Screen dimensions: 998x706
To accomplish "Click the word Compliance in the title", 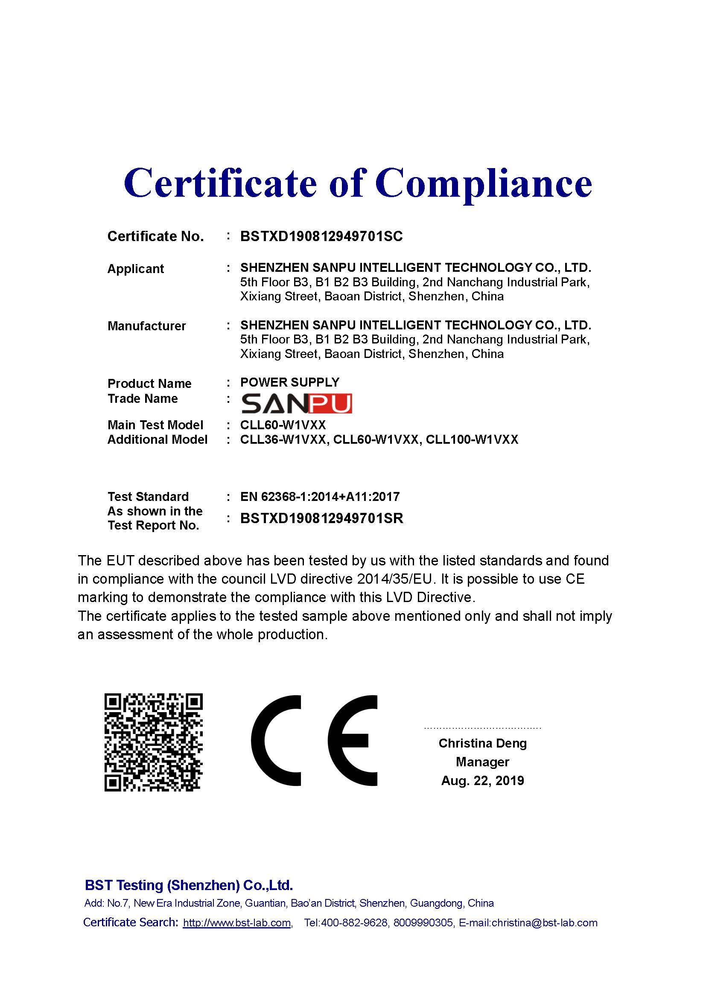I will [484, 183].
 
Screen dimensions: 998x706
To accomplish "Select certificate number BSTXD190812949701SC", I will [321, 236].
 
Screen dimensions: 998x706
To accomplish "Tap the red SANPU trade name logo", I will [296, 404].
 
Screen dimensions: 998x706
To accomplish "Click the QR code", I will [154, 742].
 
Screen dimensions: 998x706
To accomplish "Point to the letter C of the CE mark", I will [277, 740].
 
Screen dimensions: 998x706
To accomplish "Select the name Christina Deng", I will [483, 743].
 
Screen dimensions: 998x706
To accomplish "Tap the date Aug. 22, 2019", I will [483, 781].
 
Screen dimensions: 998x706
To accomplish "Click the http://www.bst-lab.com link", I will [237, 923].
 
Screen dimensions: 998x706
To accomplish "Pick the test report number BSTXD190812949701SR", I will [322, 518].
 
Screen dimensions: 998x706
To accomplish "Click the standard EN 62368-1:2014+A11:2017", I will [320, 496].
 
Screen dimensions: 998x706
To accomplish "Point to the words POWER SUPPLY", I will [289, 382].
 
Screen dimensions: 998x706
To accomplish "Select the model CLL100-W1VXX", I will [472, 439].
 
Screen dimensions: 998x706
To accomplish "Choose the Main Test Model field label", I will [155, 425].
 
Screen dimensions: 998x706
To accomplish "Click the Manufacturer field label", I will [146, 326].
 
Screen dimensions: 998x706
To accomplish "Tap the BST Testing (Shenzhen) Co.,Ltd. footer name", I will [189, 885].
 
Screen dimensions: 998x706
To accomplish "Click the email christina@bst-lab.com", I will [544, 923].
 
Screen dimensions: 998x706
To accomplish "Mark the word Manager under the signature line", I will [483, 762].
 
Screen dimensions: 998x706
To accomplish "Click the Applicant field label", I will [136, 269].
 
